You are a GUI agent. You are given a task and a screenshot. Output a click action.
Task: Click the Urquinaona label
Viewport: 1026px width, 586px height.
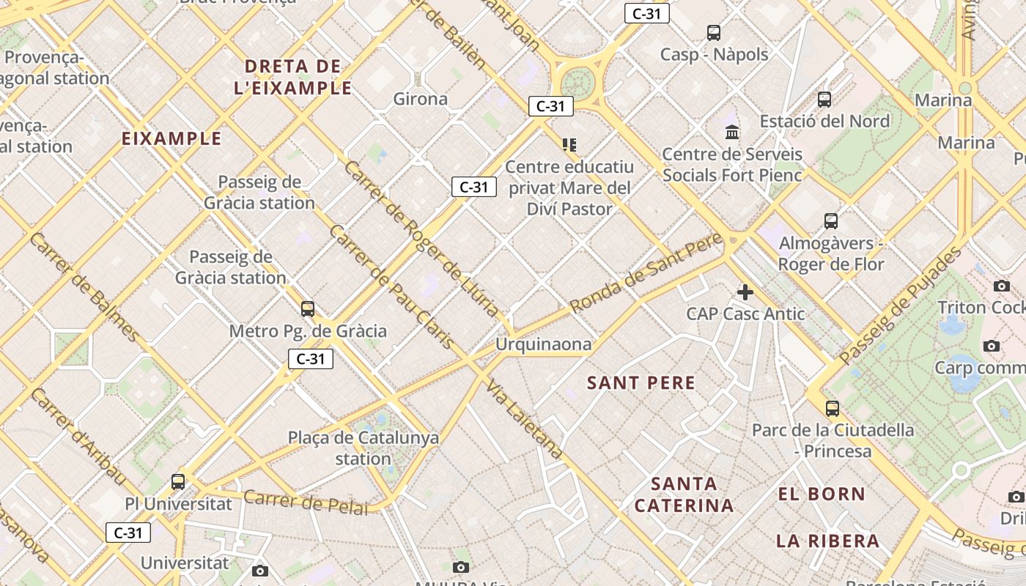[543, 344]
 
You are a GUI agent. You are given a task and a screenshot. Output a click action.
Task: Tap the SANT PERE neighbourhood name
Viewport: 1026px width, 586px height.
[641, 382]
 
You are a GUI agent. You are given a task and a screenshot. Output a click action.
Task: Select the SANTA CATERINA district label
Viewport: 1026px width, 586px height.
[684, 494]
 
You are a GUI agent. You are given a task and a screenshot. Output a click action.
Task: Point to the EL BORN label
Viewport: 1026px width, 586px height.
[822, 494]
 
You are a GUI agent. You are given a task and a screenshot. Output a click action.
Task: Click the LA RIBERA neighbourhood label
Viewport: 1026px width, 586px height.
[827, 541]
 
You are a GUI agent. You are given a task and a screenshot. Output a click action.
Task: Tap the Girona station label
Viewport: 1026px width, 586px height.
[420, 99]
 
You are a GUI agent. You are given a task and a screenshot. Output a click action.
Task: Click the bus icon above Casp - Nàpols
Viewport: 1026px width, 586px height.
[714, 32]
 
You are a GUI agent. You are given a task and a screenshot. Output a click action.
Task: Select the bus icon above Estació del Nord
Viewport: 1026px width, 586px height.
[824, 99]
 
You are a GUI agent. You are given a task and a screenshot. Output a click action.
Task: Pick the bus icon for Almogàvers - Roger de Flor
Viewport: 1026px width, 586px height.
[830, 220]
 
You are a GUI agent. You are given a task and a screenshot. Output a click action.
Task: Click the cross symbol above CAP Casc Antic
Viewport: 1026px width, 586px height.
[745, 292]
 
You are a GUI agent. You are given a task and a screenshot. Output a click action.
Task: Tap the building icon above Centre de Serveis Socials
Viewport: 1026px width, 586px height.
[731, 133]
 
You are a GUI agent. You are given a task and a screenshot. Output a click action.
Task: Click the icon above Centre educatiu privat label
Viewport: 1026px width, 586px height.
[569, 145]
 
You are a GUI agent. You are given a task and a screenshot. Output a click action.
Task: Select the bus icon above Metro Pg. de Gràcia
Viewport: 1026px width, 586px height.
[308, 309]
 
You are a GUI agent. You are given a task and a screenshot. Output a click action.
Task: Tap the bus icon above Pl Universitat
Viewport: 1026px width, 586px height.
[178, 481]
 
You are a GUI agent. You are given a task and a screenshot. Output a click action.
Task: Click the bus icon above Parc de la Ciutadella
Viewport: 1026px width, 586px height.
[832, 408]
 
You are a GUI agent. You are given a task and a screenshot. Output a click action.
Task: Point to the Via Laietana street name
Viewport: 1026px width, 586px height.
[525, 420]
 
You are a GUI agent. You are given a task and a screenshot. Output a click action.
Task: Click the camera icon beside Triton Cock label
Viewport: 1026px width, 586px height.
[1002, 286]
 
